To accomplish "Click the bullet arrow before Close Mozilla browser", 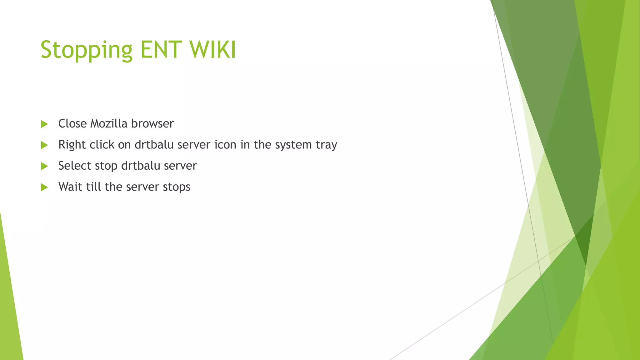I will [x=44, y=124].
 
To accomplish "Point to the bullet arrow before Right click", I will [x=44, y=145].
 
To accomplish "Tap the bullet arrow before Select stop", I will [x=44, y=166].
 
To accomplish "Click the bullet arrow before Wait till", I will [x=44, y=187].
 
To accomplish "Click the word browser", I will [x=152, y=123].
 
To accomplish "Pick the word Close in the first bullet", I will [x=72, y=123].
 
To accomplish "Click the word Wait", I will [x=70, y=187].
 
